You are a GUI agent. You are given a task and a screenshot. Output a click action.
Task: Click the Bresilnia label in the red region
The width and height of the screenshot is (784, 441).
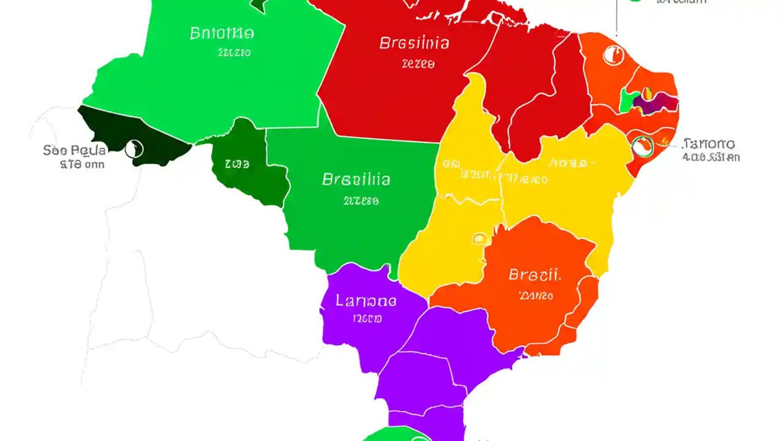click(x=414, y=43)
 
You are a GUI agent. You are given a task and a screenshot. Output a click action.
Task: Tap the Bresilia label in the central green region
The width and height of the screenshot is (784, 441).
click(x=356, y=179)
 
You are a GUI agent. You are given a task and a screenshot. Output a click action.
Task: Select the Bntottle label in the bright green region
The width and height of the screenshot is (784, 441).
click(x=222, y=32)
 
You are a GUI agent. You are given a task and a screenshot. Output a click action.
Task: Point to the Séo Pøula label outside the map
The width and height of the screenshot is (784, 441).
click(x=75, y=149)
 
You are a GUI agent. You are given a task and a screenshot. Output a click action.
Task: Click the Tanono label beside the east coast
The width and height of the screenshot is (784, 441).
click(x=709, y=145)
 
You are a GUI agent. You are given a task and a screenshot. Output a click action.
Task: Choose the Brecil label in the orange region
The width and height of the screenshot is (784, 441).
click(x=535, y=274)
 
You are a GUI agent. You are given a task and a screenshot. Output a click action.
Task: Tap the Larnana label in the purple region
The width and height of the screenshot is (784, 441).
click(x=366, y=301)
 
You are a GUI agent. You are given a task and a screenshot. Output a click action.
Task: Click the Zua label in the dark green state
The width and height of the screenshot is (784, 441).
click(x=236, y=164)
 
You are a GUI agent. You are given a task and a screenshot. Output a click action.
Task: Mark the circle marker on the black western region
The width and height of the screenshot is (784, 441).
click(x=134, y=149)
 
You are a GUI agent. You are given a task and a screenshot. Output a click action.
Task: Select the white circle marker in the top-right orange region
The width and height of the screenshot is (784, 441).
click(x=612, y=56)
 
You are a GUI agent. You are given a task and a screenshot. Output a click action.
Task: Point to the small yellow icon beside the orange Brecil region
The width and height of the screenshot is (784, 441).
click(x=479, y=238)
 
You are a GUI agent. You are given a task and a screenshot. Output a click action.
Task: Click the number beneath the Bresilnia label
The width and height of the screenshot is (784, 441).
click(x=418, y=63)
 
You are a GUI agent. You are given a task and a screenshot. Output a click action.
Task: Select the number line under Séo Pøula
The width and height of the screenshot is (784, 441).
click(x=81, y=164)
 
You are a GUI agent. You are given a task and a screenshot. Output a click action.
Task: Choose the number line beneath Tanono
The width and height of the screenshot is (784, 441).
click(x=710, y=157)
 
